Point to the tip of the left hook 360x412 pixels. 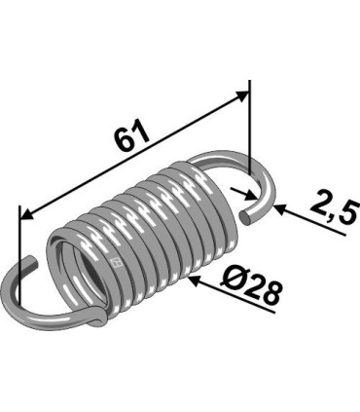pos(33,260)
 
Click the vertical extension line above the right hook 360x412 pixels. pos(249,127)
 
